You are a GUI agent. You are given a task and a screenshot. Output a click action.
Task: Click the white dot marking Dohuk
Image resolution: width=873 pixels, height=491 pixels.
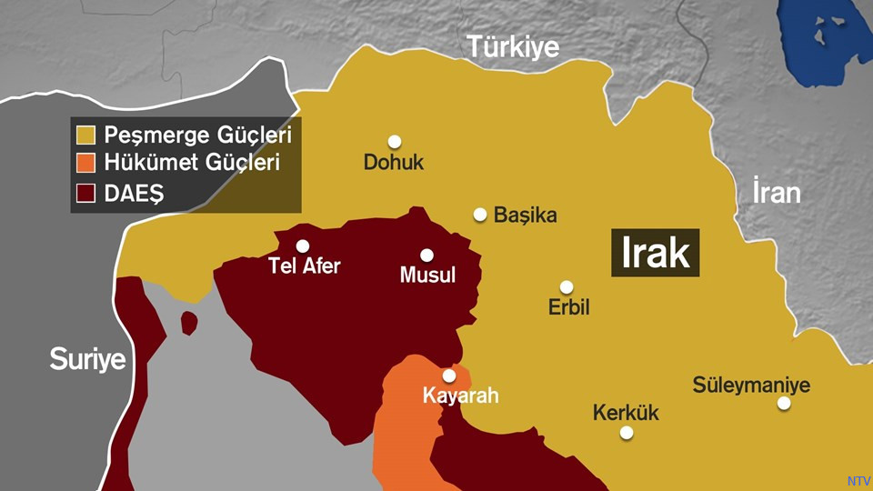395,141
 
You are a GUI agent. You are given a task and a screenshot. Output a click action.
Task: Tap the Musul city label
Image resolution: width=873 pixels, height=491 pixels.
427,275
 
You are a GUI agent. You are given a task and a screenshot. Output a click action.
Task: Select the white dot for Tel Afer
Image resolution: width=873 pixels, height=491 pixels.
303,245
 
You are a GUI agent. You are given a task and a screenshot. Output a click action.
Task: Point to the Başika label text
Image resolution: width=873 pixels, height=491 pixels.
525,215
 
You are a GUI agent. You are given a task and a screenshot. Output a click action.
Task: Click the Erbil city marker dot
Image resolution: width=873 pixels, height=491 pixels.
567,286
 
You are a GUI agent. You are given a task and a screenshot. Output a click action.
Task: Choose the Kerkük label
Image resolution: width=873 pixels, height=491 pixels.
626,413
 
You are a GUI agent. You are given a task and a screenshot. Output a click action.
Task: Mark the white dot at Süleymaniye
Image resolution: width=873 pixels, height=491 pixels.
783,403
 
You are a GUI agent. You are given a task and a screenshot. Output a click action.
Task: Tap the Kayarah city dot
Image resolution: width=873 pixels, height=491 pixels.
448,375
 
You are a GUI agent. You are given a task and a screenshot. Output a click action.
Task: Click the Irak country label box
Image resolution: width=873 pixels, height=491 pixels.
655,252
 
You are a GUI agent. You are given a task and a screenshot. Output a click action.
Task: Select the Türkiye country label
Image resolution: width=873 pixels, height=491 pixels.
513,47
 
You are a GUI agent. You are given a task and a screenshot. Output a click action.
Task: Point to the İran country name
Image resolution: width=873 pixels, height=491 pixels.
777,193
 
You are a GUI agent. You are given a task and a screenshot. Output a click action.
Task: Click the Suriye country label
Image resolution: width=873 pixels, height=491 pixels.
87,359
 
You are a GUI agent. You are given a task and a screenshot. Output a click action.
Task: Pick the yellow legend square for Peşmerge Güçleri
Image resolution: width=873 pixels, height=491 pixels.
85,135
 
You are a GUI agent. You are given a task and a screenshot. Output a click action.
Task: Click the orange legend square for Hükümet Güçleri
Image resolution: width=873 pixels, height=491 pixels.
85,164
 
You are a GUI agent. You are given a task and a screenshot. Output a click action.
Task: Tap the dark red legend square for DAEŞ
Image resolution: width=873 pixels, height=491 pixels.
85,192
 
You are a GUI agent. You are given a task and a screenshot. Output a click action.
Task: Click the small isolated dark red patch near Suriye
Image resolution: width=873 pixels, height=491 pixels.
189,323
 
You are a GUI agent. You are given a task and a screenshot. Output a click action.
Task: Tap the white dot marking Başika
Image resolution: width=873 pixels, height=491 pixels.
479,215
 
